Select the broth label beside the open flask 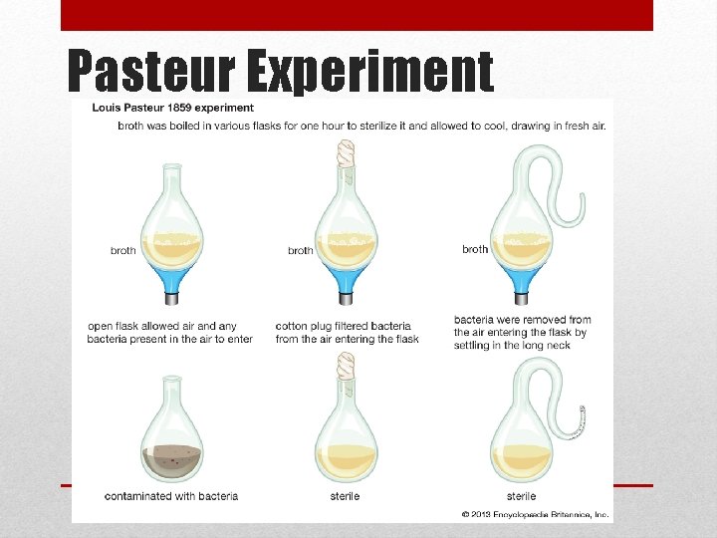pyautogui.click(x=123, y=251)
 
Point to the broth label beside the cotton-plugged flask pyautogui.click(x=301, y=251)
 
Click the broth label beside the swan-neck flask pyautogui.click(x=475, y=249)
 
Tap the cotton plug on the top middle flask pyautogui.click(x=347, y=153)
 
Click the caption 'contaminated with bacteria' pyautogui.click(x=171, y=496)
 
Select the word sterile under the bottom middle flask pyautogui.click(x=345, y=496)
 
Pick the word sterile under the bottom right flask pyautogui.click(x=521, y=496)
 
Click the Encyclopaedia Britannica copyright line pyautogui.click(x=536, y=514)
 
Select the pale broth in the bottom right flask pyautogui.click(x=522, y=460)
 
